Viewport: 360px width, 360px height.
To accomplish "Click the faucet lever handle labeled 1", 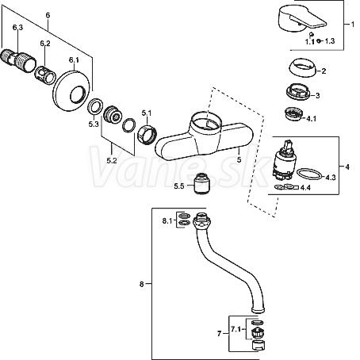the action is [301, 19].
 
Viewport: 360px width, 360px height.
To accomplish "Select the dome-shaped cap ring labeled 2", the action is [302, 67].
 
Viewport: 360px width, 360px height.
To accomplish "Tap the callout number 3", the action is [318, 95].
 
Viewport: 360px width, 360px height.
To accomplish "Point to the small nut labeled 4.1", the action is [294, 114].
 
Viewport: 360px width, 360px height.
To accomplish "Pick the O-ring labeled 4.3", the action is [309, 174].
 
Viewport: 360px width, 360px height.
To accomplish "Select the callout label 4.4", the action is [305, 188].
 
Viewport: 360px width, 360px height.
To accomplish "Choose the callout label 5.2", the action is [112, 160].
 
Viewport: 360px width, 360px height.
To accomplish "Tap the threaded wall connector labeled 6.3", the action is [17, 60].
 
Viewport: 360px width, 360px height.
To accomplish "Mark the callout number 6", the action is [48, 15].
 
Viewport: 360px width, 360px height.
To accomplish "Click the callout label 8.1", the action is [167, 220].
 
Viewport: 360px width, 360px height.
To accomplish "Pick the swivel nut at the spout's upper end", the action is [202, 221].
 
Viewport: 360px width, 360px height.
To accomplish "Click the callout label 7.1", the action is [236, 329].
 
